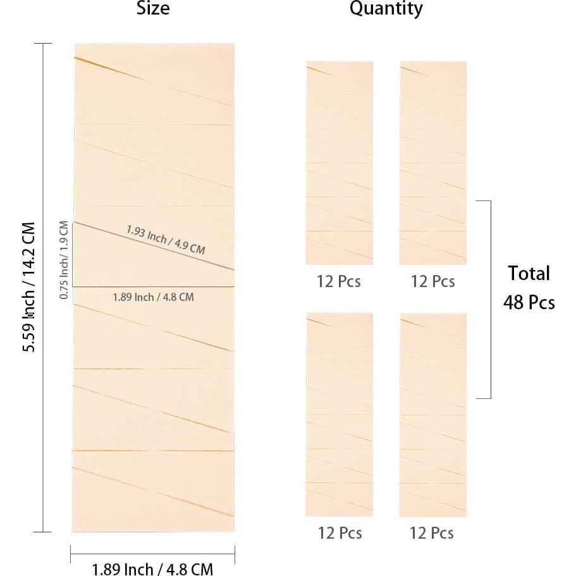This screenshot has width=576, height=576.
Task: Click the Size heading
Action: pyautogui.click(x=153, y=9)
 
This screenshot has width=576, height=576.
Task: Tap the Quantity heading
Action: pyautogui.click(x=386, y=9)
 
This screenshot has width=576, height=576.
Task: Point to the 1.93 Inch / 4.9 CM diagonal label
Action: pyautogui.click(x=166, y=240)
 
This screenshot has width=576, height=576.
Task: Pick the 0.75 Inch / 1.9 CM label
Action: pyautogui.click(x=64, y=259)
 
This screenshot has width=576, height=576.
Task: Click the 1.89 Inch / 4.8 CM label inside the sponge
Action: pyautogui.click(x=153, y=297)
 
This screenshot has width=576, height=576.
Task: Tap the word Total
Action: pyautogui.click(x=529, y=274)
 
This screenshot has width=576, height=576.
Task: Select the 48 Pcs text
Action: pyautogui.click(x=529, y=302)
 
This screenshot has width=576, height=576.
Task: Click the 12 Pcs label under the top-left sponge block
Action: pyautogui.click(x=339, y=281)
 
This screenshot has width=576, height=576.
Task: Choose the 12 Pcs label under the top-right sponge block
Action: pyautogui.click(x=432, y=281)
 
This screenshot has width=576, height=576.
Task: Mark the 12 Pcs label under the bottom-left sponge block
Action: pyautogui.click(x=339, y=533)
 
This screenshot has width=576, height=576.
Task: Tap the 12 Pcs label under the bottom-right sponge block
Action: pyautogui.click(x=432, y=533)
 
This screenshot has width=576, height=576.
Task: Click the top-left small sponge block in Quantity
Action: pyautogui.click(x=339, y=162)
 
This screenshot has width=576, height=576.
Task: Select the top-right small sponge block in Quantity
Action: pyautogui.click(x=432, y=162)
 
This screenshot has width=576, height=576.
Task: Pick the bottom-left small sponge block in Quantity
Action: pyautogui.click(x=339, y=414)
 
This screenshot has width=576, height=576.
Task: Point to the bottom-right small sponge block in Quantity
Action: pyautogui.click(x=432, y=414)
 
